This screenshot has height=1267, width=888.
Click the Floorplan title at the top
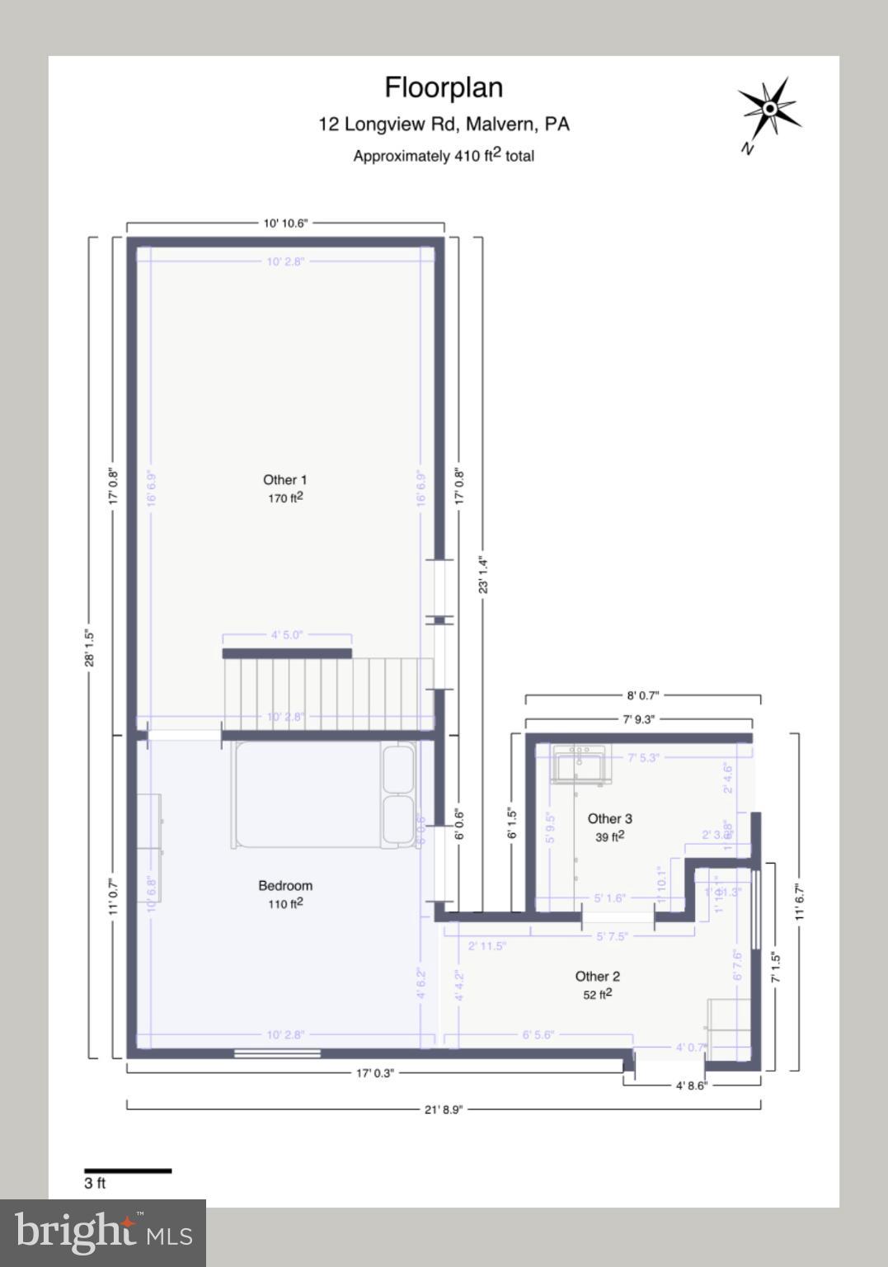click(444, 87)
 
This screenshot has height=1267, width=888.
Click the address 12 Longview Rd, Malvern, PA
click(444, 125)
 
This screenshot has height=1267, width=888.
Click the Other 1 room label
click(284, 480)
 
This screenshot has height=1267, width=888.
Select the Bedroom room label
click(285, 886)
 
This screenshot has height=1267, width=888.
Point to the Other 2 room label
click(597, 977)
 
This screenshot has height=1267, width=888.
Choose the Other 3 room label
click(609, 818)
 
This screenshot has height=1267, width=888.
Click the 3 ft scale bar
click(128, 1170)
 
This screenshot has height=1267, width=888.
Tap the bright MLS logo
click(103, 1232)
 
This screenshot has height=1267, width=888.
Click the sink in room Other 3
click(580, 764)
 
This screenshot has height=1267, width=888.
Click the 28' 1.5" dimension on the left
click(90, 648)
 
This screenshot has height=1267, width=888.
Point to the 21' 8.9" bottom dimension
click(444, 1109)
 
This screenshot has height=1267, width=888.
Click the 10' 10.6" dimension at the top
click(285, 223)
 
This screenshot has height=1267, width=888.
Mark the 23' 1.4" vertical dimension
click(483, 575)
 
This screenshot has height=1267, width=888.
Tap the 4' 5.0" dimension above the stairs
click(287, 635)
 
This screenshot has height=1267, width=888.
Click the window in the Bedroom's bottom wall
click(277, 1053)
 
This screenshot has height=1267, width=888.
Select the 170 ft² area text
click(285, 498)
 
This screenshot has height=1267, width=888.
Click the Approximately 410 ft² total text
click(444, 156)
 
